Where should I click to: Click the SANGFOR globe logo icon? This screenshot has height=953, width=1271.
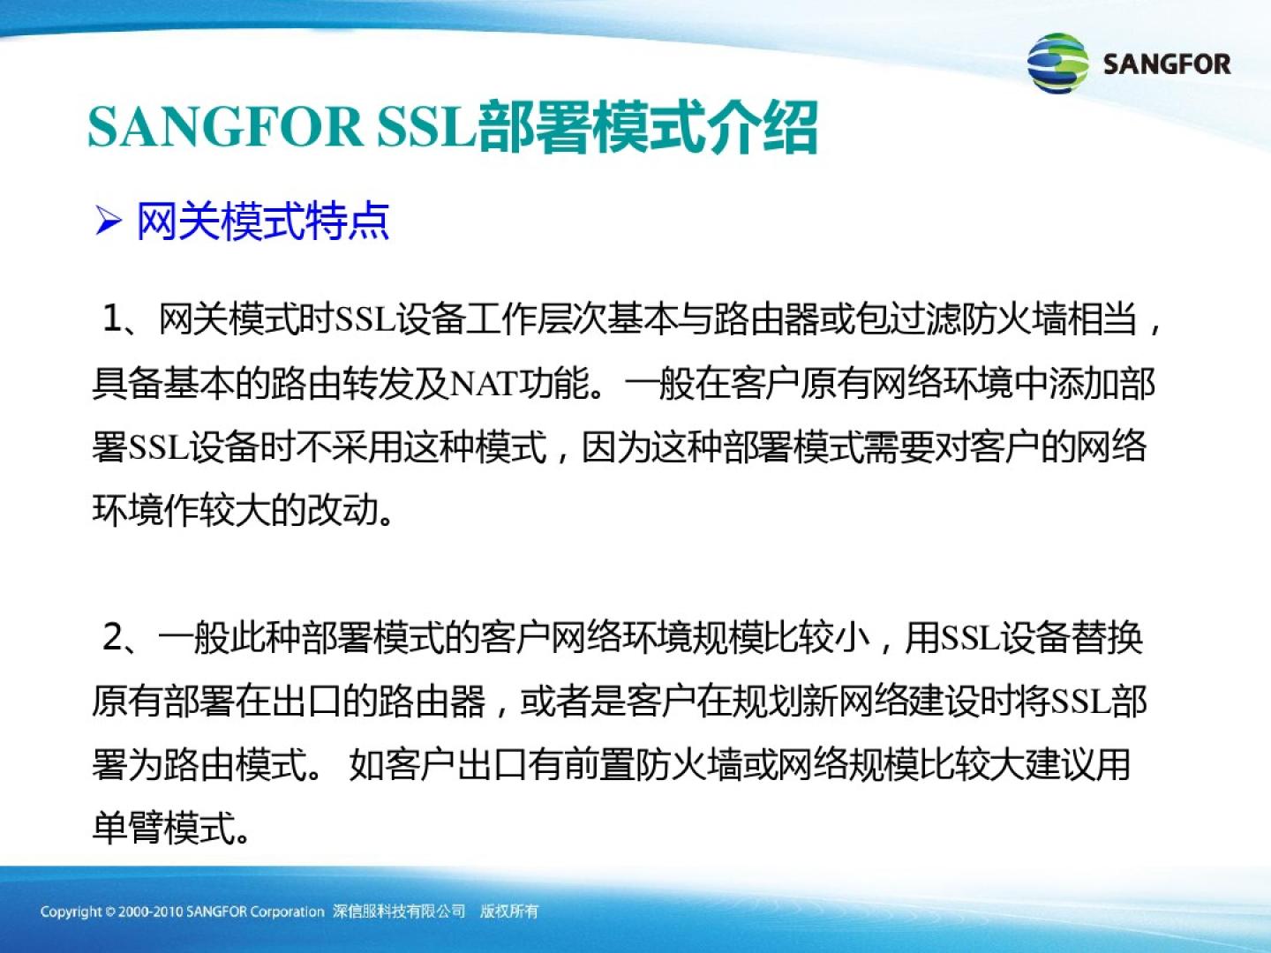1057,63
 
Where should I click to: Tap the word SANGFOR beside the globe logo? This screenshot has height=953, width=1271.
1167,64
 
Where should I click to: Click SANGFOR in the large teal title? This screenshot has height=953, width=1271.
225,127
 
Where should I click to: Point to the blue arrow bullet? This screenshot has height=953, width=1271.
109,221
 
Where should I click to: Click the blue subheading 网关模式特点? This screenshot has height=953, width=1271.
262,221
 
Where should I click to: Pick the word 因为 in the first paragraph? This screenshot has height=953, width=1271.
616,446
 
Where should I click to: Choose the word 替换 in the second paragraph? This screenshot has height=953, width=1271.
1108,638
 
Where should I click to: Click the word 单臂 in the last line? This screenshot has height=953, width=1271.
127,828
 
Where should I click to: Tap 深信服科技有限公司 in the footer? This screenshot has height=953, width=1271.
399,912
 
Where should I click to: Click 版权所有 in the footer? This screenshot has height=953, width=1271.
509,912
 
